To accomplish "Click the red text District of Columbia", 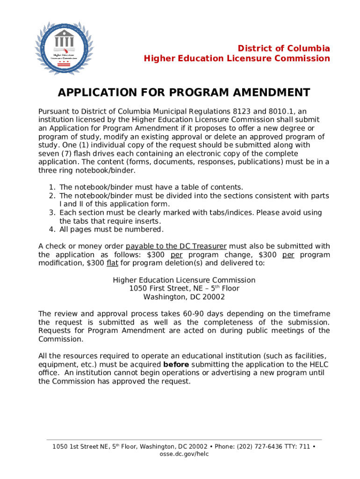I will pos(284,49).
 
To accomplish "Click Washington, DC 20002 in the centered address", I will pos(184,297).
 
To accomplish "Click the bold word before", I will pos(176,364).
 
